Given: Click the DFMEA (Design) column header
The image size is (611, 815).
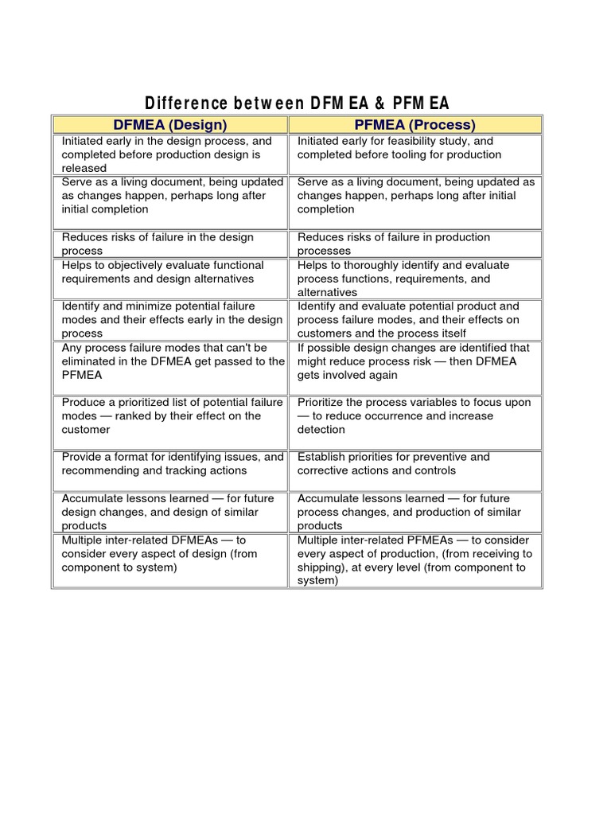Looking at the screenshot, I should click(170, 125).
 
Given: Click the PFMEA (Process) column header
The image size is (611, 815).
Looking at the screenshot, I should click(414, 125).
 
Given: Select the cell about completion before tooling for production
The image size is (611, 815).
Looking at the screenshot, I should click(414, 154).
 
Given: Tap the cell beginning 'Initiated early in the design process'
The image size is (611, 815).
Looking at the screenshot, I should click(170, 154).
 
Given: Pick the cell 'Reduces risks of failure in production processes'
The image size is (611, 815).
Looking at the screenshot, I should click(414, 244).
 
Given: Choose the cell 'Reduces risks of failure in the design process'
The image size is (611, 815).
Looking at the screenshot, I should click(170, 244).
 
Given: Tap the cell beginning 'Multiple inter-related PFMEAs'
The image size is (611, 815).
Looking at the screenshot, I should click(414, 560).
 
